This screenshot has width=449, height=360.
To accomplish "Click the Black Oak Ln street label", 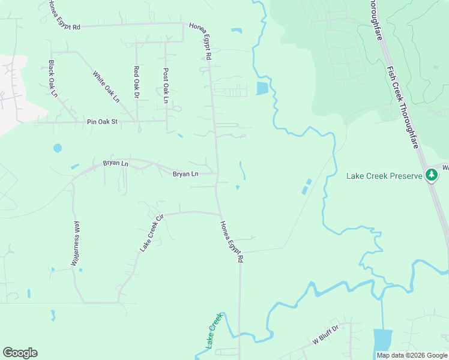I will tap(53, 79).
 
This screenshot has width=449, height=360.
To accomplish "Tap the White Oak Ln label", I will tap(106, 86).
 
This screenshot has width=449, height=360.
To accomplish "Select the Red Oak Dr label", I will tap(137, 83).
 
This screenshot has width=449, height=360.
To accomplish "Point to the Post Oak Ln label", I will tap(166, 85).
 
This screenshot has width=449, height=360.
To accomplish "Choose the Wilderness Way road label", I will tap(76, 243).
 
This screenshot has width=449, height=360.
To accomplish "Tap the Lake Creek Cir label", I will tap(152, 233).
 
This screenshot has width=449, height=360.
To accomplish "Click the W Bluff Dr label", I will tap(326, 335).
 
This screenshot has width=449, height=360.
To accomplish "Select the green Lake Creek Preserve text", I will tap(384, 176).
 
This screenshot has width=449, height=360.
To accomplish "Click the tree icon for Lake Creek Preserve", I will tap(431, 175).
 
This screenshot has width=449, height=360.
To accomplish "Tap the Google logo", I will tap(20, 352).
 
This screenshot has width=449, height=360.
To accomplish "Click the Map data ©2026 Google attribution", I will tap(412, 355).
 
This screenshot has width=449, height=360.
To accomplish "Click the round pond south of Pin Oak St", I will tap(58, 148).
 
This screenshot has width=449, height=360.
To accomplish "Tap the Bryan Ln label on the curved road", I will tap(115, 163).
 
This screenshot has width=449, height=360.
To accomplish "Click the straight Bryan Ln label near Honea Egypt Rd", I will tap(185, 174).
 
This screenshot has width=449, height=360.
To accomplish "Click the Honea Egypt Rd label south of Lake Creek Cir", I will tap(231, 242).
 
